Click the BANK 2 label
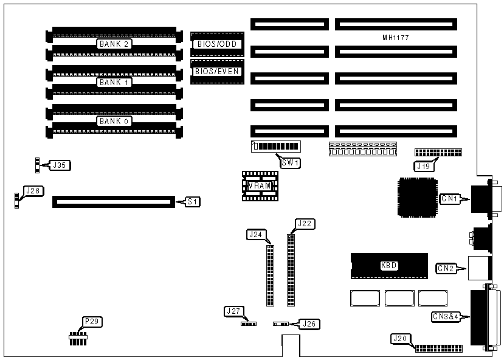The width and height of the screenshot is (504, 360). coord(114,44)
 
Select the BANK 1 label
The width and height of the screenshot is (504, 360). coord(114,82)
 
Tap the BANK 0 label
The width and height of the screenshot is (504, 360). coord(114,121)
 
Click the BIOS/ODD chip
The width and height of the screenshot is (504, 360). coord(216,44)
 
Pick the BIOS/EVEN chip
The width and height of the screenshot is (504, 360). coord(216,71)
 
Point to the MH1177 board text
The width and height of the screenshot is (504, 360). coord(395,38)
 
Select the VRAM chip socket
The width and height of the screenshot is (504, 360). coord(260,185)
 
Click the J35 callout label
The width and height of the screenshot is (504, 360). coord(60,164)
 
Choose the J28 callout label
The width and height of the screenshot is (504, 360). coord(33,190)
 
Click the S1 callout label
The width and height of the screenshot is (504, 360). coord(192,201)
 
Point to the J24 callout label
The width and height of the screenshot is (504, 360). coord(256,234)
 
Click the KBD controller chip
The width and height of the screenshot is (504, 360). coord(388,265)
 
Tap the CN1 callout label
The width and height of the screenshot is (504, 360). coord(450,198)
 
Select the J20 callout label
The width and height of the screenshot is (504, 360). coord(399,339)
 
